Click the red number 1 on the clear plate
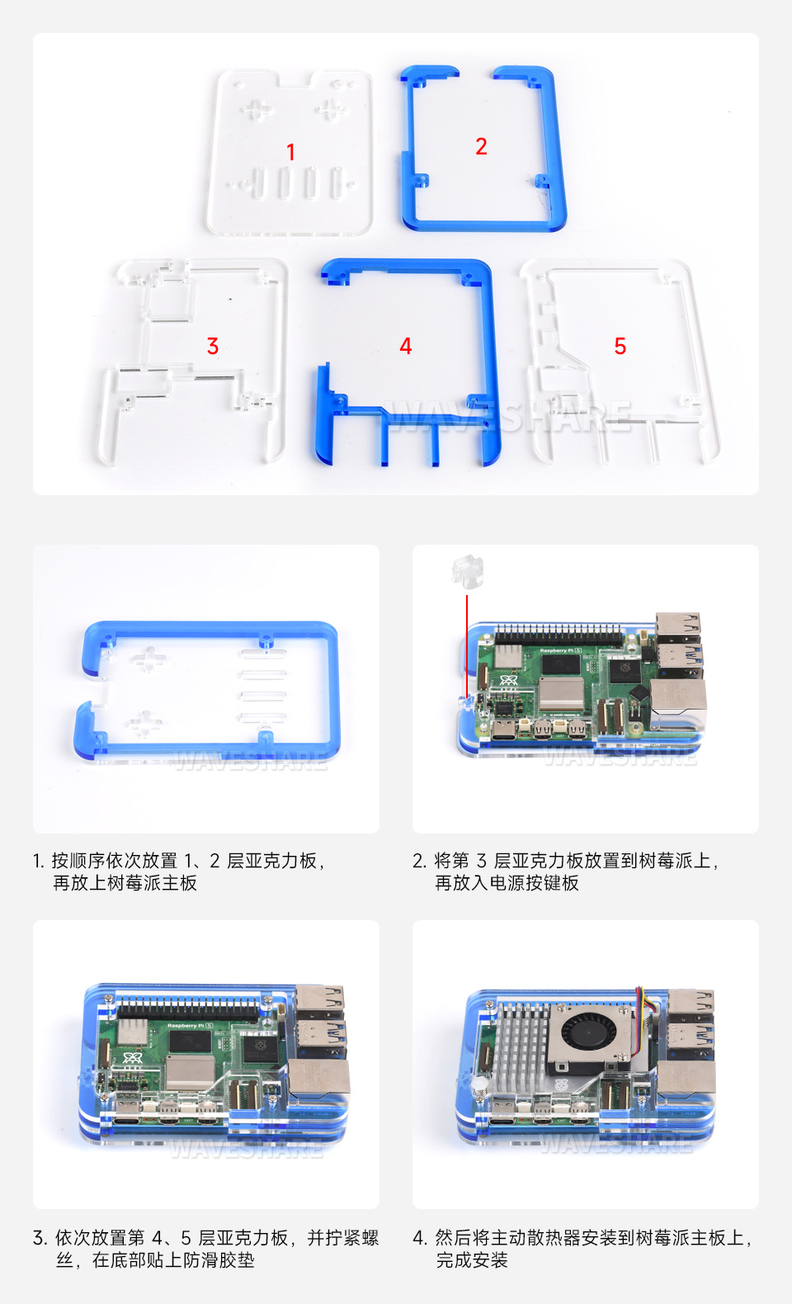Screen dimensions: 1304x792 [290, 152]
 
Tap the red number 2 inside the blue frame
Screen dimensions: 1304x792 [481, 147]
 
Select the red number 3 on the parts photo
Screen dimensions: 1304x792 [213, 346]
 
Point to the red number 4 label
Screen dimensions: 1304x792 [405, 346]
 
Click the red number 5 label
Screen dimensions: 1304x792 [620, 346]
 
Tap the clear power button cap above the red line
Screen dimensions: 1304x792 [467, 570]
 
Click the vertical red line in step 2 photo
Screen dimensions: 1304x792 [467, 644]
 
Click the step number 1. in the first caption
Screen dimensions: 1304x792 [39, 861]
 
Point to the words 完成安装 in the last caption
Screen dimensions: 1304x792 [472, 1260]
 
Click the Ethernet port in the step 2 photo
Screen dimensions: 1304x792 [678, 699]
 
